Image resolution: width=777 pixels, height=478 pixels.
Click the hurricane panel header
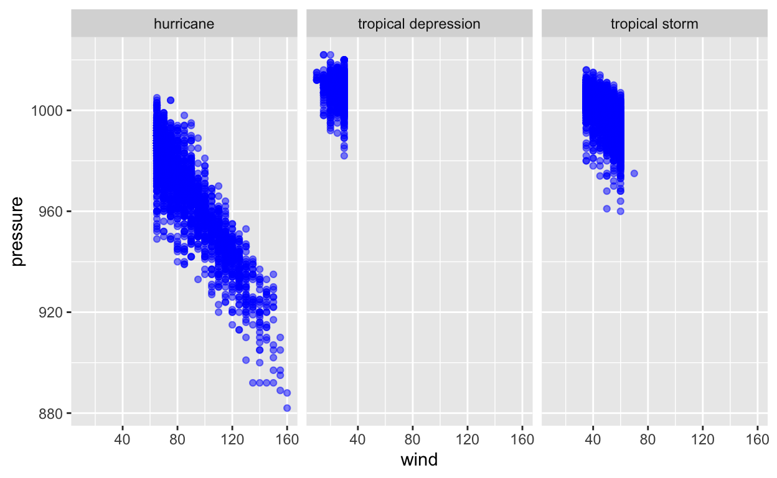click(184, 24)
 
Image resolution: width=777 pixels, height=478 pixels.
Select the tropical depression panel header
click(419, 24)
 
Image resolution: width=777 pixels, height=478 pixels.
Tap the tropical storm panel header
click(654, 24)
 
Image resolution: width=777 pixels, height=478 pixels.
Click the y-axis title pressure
click(19, 231)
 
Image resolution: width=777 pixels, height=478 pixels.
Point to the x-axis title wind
click(419, 460)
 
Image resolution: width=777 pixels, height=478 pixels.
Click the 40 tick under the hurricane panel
click(123, 439)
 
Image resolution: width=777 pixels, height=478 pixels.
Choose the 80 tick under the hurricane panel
click(177, 439)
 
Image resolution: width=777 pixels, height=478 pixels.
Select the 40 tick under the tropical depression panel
click(357, 439)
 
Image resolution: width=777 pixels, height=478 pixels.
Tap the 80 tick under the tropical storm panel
click(647, 439)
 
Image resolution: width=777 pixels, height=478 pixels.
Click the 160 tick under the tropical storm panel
click(757, 439)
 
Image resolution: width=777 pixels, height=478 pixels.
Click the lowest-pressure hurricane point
click(287, 408)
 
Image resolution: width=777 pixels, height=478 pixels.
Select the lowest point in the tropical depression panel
click(344, 156)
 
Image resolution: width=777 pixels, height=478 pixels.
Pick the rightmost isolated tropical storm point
click(634, 173)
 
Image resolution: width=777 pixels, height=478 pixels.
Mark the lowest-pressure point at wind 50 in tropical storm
click(607, 209)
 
